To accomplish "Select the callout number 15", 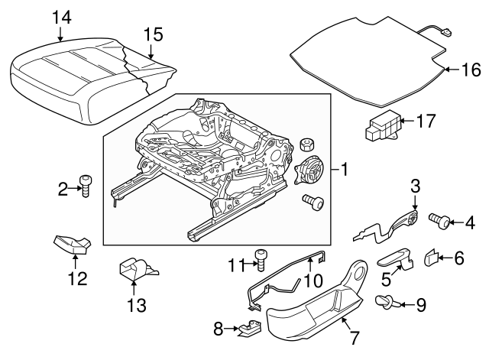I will (x=153, y=34).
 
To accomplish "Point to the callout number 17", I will (x=425, y=120).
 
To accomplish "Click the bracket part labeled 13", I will (x=134, y=269).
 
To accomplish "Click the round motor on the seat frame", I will (x=309, y=170).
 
